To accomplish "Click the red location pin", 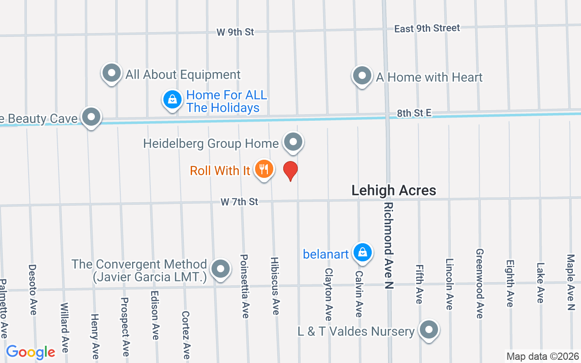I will coord(290,171).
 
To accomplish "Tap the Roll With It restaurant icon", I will coord(264,169).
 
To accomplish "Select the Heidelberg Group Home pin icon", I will coord(293,142).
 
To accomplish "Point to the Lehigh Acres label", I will coord(394,191).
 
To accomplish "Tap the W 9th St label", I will coord(235,32).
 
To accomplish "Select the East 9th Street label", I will coord(427,29).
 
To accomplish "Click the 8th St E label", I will coord(414,113).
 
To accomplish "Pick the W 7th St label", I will coord(239,201).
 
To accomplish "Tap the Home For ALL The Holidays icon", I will coord(172,100).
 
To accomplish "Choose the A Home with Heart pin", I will coord(362,76).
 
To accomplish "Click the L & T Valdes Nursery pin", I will coord(428,330).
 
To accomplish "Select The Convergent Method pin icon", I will coord(221,269).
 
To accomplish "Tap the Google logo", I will coord(30,352).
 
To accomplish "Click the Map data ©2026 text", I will coord(543,356).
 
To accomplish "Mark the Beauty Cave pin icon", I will coord(91,117).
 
